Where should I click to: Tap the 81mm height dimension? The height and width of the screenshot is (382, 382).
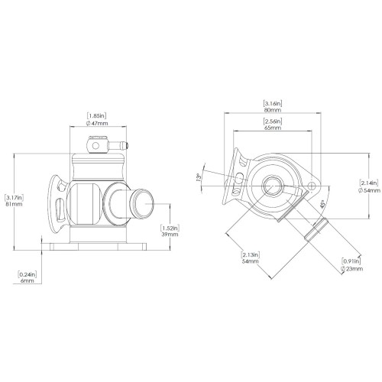click(14, 204)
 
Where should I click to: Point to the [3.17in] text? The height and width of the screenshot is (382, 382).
click(14, 196)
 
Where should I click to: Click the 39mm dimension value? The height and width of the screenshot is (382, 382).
click(170, 235)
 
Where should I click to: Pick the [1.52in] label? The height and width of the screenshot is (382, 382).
click(170, 228)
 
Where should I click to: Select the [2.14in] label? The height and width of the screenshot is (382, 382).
click(370, 182)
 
